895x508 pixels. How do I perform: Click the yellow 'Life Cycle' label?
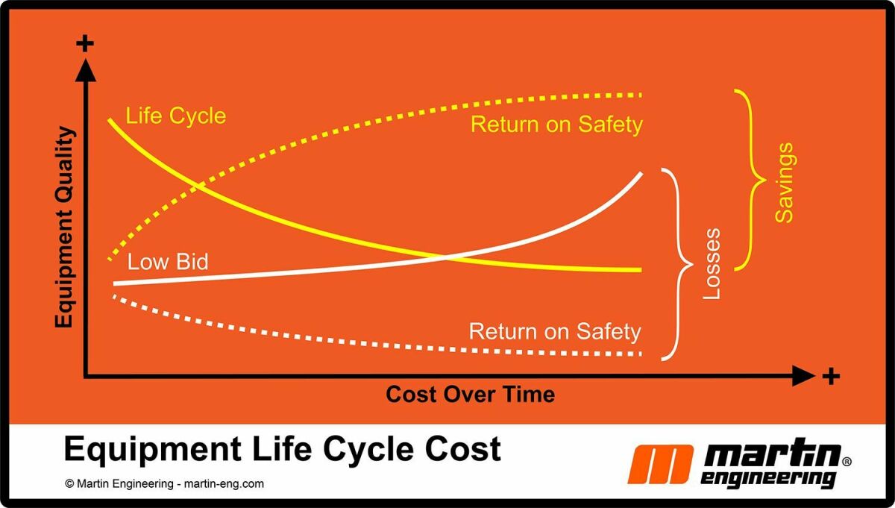coord(175,116)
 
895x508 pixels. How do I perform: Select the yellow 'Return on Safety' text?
coord(556,124)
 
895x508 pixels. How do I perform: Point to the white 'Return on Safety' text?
coord(554,331)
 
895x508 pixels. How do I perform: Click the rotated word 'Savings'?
coord(784,183)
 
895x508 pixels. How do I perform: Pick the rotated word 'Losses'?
coord(712,263)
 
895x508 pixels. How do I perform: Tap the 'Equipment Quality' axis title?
coord(65,228)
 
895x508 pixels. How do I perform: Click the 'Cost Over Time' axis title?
coord(470,394)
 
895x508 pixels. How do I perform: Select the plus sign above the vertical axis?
coord(86,43)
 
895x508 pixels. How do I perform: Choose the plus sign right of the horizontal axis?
coord(831,376)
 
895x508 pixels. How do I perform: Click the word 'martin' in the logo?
coord(772,454)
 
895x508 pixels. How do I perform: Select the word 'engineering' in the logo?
coord(769,477)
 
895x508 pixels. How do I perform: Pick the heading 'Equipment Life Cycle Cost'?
coord(282,449)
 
